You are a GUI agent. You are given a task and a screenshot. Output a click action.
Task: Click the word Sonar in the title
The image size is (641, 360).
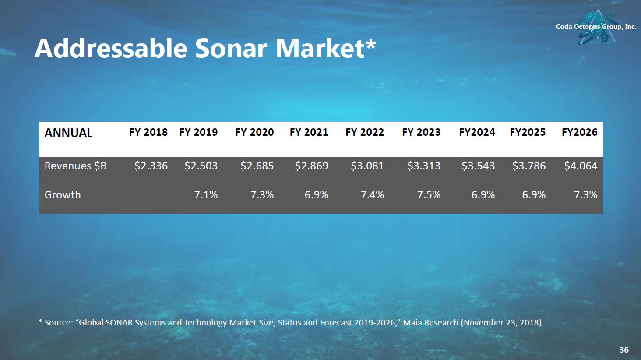click(231, 48)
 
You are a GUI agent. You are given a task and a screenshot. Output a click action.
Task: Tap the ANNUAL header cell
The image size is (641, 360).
click(68, 133)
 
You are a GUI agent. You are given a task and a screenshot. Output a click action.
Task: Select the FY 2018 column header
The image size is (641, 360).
click(148, 132)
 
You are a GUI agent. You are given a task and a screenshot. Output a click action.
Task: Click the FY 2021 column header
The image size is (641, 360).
click(309, 132)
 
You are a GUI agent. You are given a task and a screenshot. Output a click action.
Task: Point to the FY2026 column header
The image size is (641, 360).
click(579, 132)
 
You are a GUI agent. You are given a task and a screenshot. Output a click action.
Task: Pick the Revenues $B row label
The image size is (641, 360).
click(75, 166)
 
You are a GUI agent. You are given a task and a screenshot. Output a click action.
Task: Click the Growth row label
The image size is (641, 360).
click(63, 194)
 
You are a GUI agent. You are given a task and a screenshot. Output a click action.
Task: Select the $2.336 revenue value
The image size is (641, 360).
click(151, 166)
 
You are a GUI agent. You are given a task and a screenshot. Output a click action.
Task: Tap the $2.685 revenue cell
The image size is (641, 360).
click(257, 166)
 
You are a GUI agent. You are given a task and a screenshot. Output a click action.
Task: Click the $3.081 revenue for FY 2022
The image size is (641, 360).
click(367, 166)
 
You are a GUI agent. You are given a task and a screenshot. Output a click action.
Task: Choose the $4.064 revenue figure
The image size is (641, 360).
click(581, 166)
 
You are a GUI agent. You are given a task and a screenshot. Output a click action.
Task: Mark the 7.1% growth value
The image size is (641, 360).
click(206, 195)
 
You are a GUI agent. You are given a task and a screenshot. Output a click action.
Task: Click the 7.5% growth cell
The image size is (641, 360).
click(429, 195)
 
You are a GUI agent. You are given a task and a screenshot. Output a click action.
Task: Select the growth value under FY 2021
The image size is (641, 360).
click(316, 195)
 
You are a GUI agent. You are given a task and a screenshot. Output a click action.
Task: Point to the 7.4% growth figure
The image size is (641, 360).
click(372, 195)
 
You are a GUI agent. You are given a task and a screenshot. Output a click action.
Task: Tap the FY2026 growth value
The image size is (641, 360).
click(585, 195)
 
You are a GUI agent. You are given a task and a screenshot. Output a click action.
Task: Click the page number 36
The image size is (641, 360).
click(624, 349)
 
